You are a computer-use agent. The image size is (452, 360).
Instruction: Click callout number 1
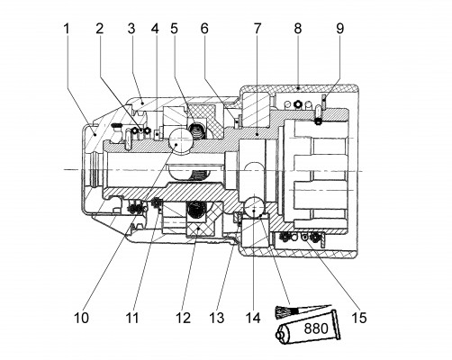67,29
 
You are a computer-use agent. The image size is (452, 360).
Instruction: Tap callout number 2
100,29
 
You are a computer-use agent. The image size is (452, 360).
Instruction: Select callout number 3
131,29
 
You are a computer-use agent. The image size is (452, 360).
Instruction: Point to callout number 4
155,29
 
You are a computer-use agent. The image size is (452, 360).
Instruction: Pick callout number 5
174,29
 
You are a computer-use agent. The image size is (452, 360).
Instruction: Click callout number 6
204,29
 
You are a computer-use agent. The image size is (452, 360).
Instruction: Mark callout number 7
258,29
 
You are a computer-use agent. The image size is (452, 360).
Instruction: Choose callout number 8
297,29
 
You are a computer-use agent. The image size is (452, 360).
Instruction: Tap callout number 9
339,29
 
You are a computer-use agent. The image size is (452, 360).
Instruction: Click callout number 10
81,318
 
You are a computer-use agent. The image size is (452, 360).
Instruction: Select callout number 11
132,318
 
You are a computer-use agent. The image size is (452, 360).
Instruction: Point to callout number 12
183,318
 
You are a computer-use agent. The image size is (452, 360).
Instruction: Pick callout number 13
217,318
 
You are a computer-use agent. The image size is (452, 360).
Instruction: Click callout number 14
253,318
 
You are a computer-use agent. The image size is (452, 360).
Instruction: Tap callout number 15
359,318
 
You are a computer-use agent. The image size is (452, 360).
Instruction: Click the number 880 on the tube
316,328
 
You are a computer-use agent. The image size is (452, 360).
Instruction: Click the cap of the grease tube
281,334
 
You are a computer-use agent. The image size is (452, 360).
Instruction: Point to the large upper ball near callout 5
179,141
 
